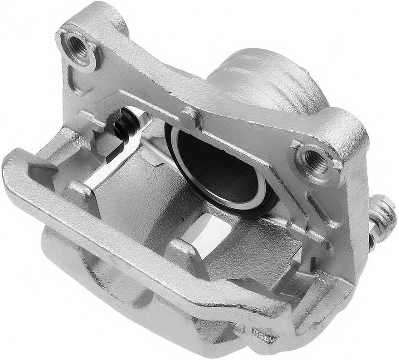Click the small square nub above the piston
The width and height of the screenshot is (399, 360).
(x=189, y=117)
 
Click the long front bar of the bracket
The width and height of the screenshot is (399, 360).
(x=136, y=236)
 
